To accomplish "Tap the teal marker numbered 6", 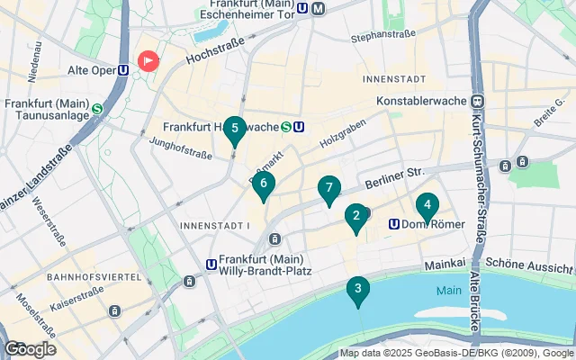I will [x=263, y=184].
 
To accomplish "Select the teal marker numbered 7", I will [x=329, y=189].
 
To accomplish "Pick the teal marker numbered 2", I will [x=356, y=216].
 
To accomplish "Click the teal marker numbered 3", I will [x=358, y=290].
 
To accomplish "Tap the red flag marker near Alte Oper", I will [x=148, y=60].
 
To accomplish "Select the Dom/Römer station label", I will [x=423, y=224].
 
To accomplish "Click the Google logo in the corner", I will [x=29, y=349].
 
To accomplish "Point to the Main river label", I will [x=448, y=291].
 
